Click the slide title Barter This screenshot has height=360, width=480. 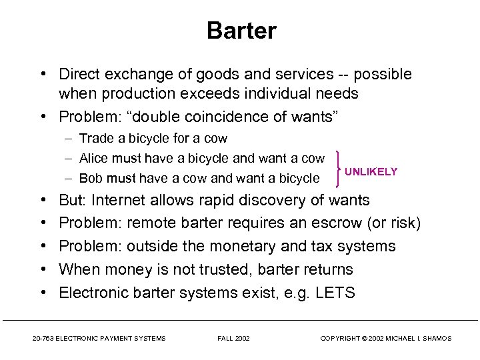241,31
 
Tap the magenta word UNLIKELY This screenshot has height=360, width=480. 371,171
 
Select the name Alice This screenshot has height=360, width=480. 94,158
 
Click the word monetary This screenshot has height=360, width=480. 245,246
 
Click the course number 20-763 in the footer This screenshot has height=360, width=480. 44,339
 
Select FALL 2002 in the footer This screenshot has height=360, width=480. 234,339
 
